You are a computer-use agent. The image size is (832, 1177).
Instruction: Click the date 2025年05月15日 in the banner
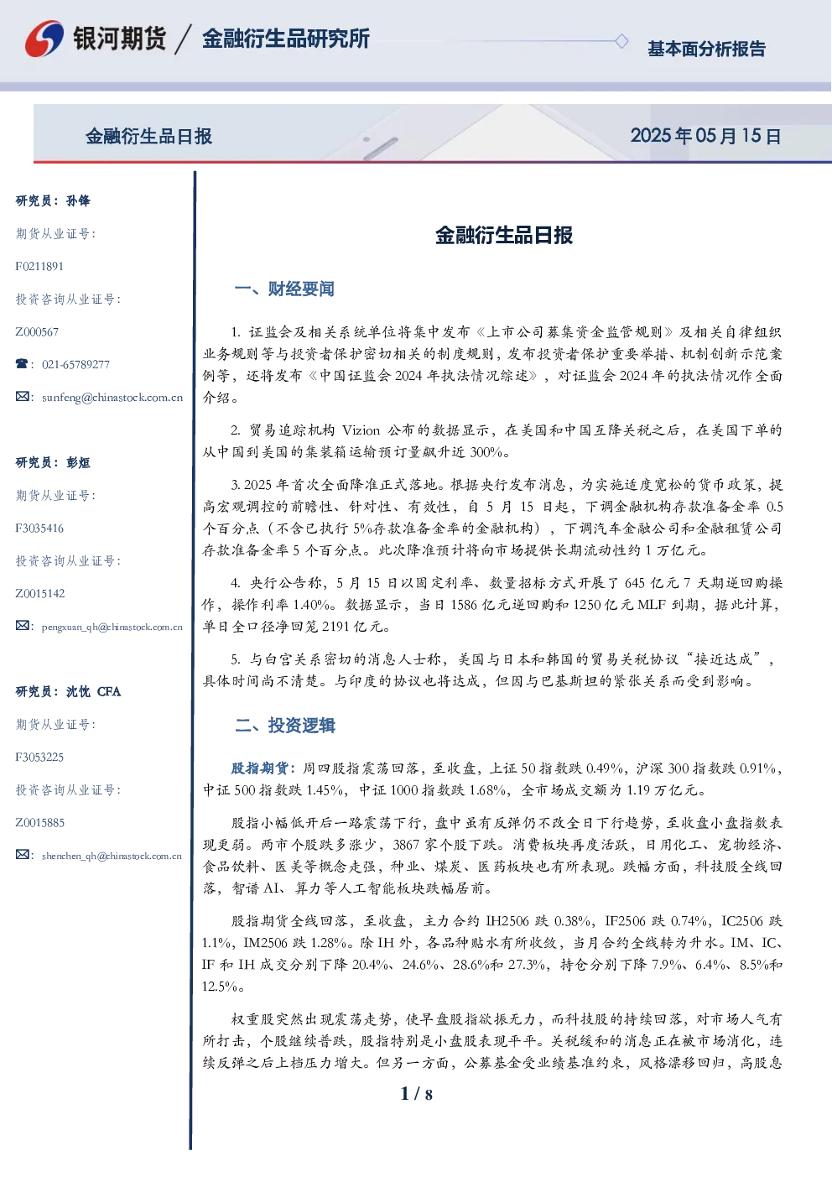pos(705,136)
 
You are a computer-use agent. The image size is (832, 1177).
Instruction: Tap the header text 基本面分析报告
pos(706,49)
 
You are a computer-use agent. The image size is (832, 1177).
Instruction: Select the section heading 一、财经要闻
pos(284,289)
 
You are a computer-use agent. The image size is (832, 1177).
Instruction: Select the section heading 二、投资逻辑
pos(284,725)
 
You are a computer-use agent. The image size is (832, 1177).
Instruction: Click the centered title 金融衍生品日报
pos(504,235)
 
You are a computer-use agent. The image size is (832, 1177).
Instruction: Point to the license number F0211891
pos(39,267)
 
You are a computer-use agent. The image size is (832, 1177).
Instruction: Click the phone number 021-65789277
pos(75,364)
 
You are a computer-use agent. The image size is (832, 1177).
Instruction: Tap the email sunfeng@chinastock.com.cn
pos(112,398)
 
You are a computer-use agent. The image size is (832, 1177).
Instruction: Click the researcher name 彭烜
pos(78,462)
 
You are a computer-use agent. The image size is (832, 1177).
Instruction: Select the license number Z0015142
pos(40,593)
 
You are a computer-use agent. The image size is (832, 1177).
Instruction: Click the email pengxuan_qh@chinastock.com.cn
pos(112,627)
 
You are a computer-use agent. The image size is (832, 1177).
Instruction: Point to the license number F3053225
pos(39,758)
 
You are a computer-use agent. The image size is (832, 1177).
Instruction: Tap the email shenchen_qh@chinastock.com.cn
pos(112,856)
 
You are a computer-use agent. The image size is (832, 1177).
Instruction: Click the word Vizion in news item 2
pos(361,430)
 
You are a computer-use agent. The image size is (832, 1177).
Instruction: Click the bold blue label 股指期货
pos(259,768)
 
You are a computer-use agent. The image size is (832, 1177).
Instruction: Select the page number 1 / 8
pos(416,1094)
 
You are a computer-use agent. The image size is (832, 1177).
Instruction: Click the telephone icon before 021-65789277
pos(22,363)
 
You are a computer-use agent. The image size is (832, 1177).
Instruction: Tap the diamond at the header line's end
pos(621,41)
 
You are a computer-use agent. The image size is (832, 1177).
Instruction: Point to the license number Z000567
pos(37,331)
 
